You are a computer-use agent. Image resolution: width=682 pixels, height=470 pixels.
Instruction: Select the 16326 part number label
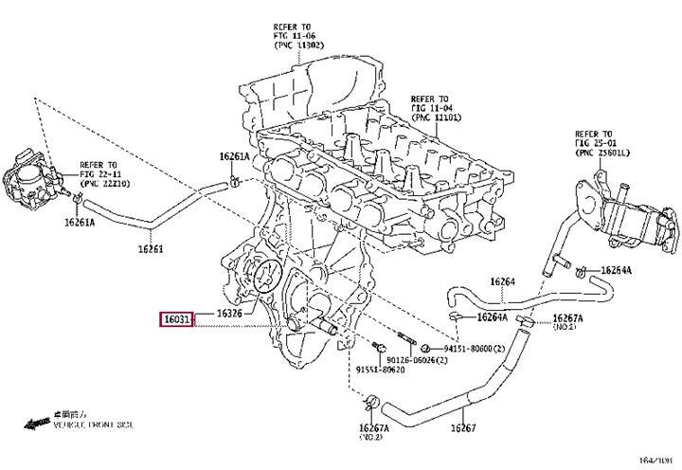point(230,314)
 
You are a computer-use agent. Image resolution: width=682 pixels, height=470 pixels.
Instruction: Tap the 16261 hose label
point(125,250)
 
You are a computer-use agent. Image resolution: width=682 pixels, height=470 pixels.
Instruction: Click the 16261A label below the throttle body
point(81,223)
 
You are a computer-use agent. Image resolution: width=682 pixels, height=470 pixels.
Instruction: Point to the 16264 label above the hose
point(502,280)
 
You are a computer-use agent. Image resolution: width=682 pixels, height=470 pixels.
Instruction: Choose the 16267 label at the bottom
point(464,428)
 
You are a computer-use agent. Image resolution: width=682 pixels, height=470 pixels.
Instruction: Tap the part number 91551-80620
point(381,370)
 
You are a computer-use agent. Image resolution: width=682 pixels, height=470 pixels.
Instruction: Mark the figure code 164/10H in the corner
point(655,460)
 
